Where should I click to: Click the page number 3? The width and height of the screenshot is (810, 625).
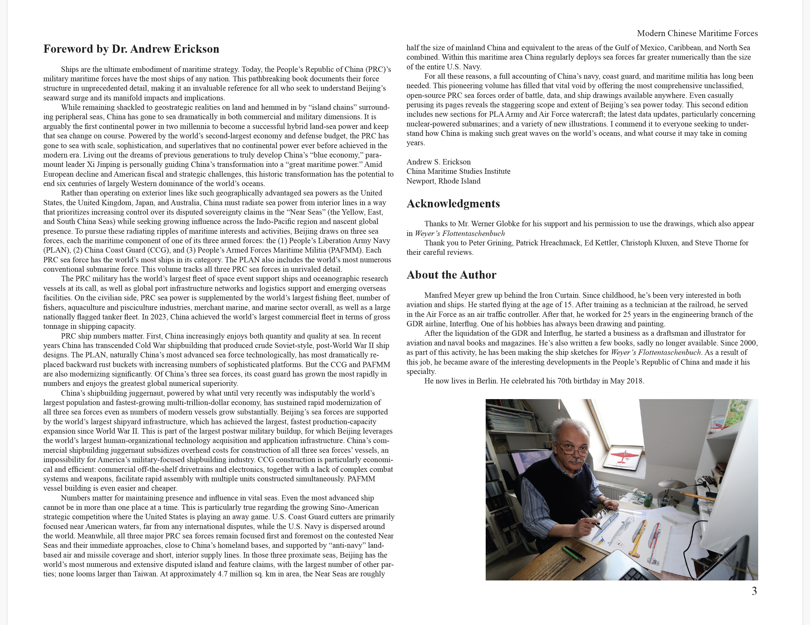coord(754,591)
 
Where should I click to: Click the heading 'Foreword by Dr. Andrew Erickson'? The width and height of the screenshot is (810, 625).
coord(131,49)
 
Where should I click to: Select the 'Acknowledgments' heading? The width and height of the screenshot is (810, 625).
coord(453,204)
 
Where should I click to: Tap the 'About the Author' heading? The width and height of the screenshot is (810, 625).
coord(451,275)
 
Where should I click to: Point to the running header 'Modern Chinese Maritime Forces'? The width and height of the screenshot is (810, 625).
coord(697,33)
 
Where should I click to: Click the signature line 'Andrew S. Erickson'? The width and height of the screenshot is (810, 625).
coord(438,162)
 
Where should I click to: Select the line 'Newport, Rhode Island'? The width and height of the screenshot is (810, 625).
coord(443,181)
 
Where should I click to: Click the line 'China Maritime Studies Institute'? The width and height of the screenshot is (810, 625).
coord(458,171)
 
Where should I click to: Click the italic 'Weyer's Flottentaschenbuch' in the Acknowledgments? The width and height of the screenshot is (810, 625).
coord(460,233)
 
